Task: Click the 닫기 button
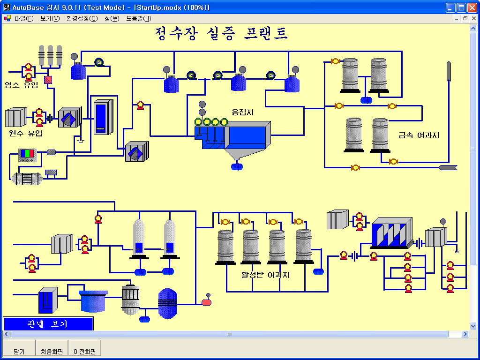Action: point(19,351)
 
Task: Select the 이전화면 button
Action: point(84,351)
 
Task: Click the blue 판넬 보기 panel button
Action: point(48,323)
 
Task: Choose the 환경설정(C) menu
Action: point(82,19)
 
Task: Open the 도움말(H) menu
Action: point(138,19)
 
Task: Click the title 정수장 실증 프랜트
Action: point(221,33)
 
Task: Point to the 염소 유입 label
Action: point(22,85)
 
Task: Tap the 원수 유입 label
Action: point(25,133)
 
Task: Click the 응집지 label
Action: point(242,112)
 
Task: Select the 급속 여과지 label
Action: point(419,135)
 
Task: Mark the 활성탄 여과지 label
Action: point(265,275)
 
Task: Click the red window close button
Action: point(472,7)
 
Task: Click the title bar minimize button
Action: point(451,7)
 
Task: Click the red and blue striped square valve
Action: point(48,80)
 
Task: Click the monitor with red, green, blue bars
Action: point(27,154)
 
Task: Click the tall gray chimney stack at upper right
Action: point(449,70)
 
